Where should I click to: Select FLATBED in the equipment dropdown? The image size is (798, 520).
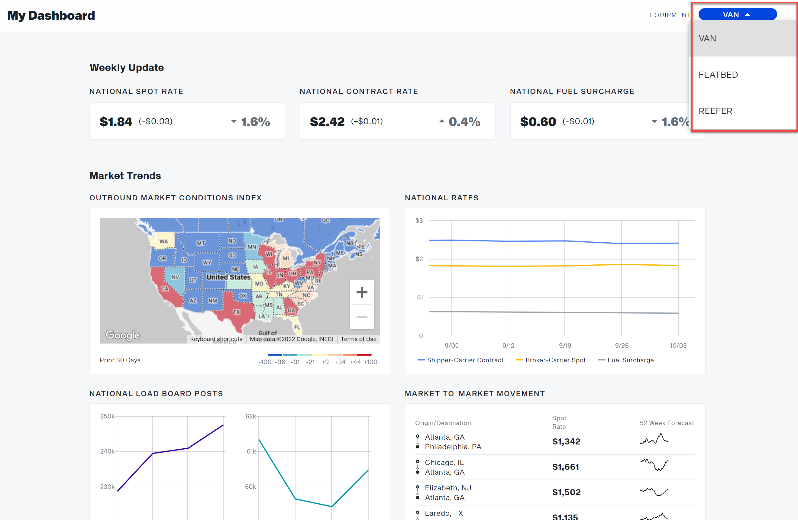coord(718,74)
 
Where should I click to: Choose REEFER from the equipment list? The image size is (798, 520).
coord(715,111)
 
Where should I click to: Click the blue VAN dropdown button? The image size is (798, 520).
coord(737,15)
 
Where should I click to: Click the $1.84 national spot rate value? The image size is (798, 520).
coord(116,121)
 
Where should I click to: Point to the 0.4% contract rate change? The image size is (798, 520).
coord(464,121)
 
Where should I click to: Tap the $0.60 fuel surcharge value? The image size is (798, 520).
coord(538,121)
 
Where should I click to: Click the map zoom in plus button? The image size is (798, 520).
coord(361,292)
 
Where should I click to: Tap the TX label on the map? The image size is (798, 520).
coord(236,312)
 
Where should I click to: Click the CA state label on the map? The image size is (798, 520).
coord(165,288)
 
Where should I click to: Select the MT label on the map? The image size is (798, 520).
coord(201,243)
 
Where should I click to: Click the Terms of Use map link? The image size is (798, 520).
coord(358,339)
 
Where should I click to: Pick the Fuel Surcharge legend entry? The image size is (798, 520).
coord(630,360)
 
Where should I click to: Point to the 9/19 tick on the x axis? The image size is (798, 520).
coord(565,345)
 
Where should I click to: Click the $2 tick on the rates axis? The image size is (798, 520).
coord(419,259)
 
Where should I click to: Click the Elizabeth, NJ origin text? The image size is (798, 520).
coord(447,487)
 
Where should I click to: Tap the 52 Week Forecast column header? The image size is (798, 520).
coord(666,422)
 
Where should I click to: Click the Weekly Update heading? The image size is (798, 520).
coord(126,67)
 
